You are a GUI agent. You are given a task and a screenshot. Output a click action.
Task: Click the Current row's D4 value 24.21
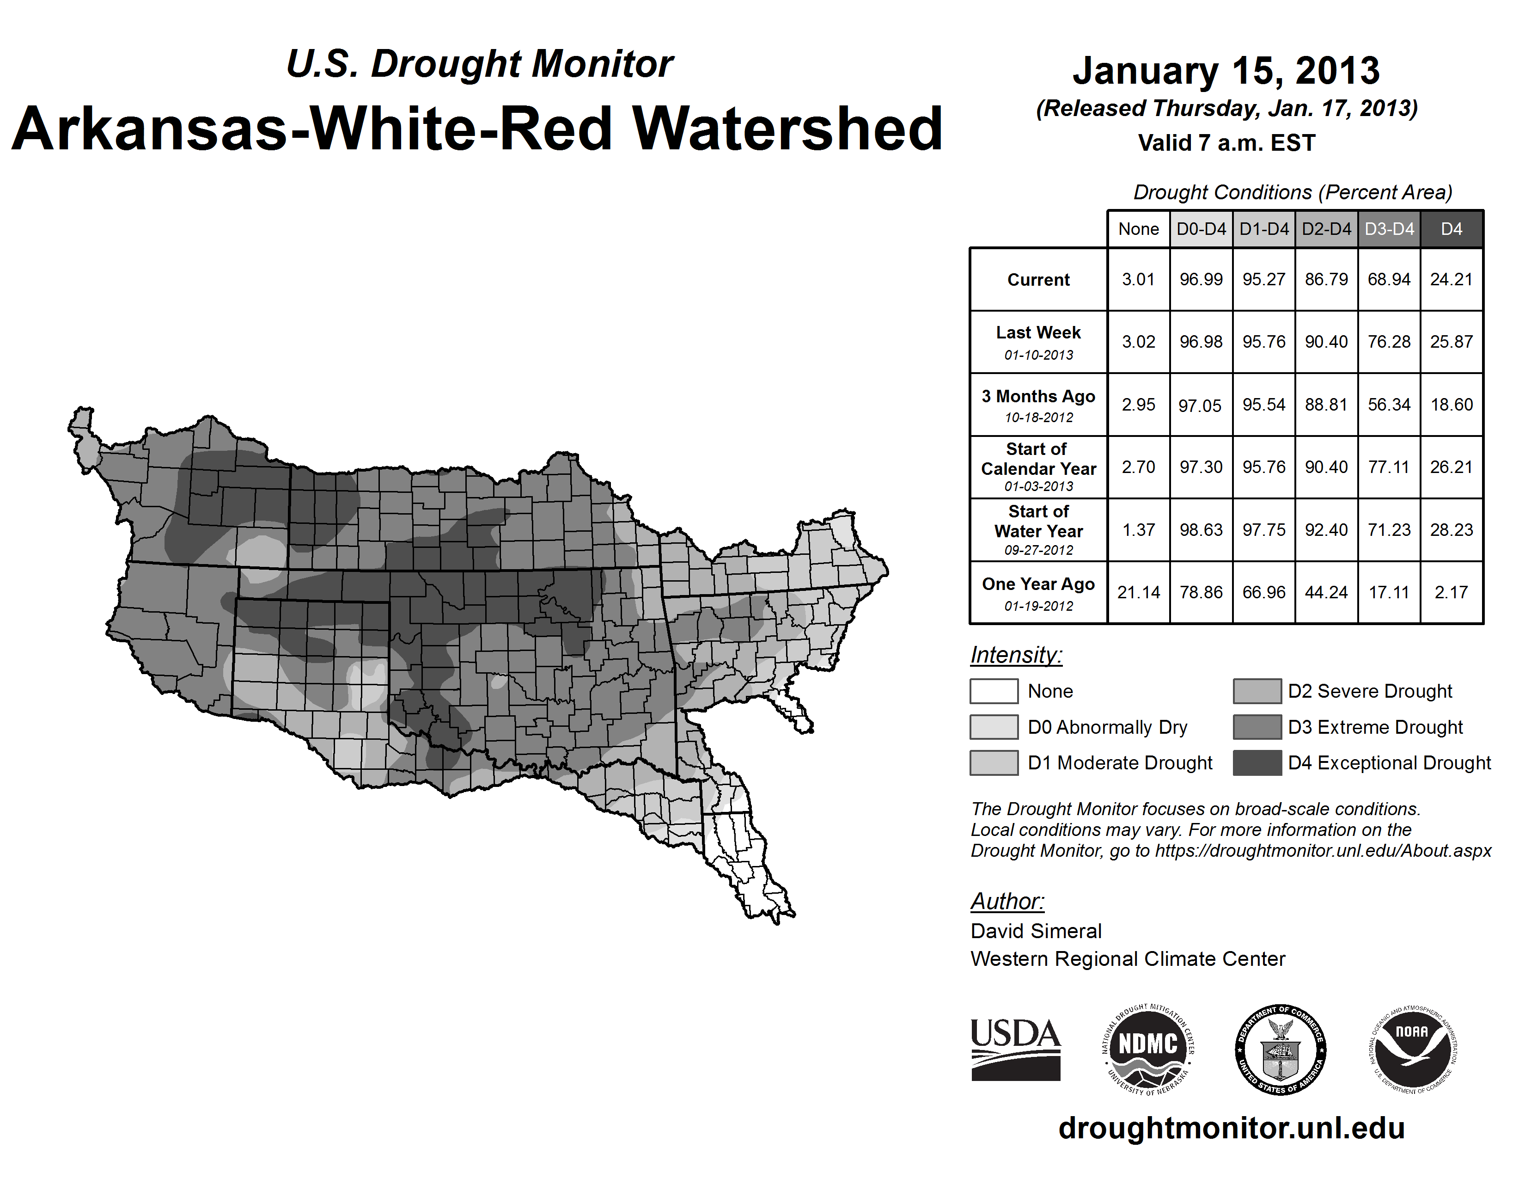coord(1451,279)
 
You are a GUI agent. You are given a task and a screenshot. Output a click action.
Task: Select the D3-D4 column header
coord(1389,229)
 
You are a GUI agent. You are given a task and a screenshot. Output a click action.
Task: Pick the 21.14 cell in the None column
coord(1138,592)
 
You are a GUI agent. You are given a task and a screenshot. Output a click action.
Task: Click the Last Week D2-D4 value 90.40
coord(1326,342)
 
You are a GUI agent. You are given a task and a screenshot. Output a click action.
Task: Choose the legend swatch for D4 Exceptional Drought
coord(1257,763)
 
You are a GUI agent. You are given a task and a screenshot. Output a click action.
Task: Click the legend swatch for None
coord(994,691)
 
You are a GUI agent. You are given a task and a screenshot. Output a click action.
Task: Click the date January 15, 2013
coord(1226,71)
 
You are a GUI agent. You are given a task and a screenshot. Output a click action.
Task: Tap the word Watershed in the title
coord(787,129)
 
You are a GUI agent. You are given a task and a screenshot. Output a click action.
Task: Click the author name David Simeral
coord(1036,931)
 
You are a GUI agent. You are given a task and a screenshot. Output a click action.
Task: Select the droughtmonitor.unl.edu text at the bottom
coord(1231,1128)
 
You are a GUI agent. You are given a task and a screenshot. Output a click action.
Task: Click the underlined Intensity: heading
coord(1016,655)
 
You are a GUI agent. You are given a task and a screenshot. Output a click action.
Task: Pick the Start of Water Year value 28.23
coord(1451,529)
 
